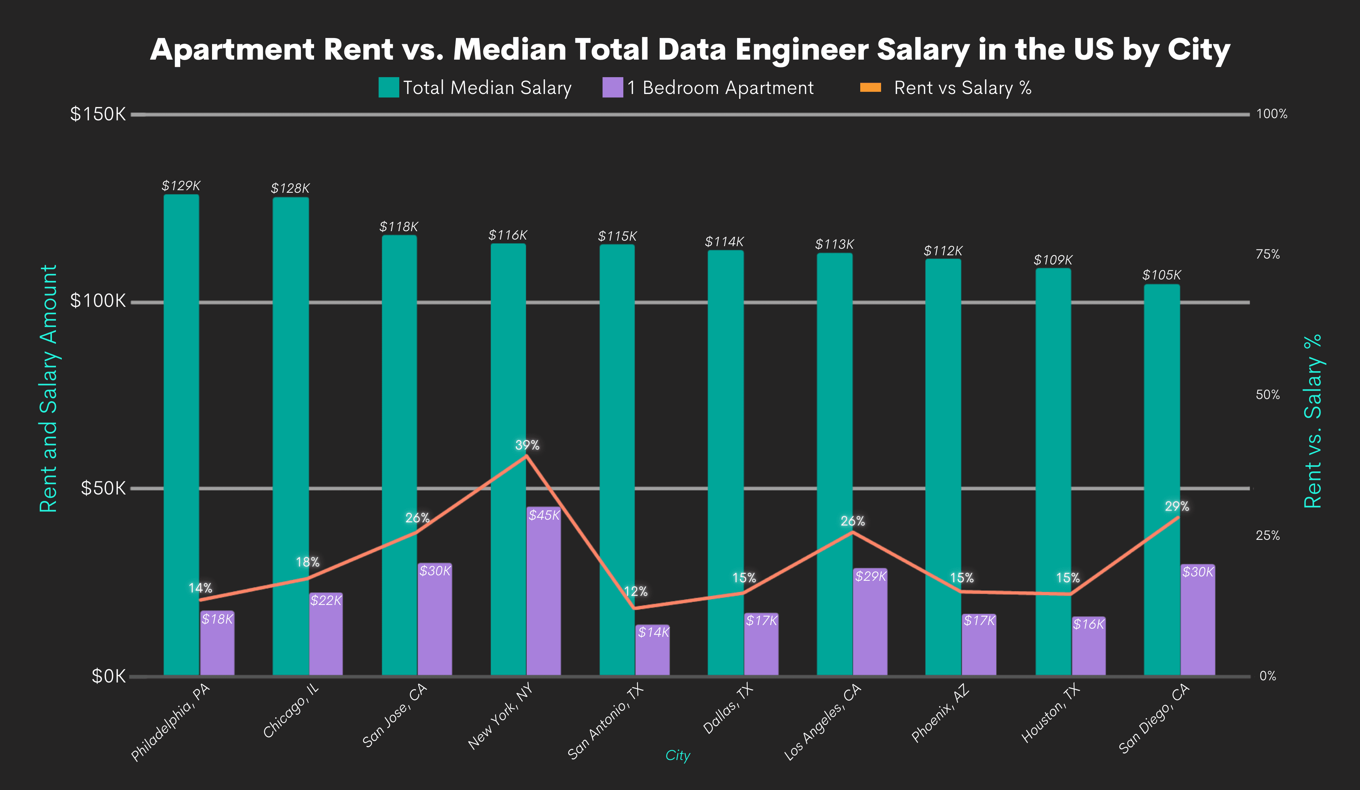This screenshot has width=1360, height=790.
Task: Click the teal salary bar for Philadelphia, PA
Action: [x=181, y=432]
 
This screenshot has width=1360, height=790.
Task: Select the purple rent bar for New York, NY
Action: [x=544, y=594]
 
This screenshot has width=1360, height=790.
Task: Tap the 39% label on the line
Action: [x=527, y=445]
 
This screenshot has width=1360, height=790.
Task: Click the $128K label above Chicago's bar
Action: [x=290, y=188]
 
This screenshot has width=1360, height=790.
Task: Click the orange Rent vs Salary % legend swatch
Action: [x=870, y=87]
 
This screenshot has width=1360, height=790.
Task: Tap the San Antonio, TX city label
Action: [x=605, y=722]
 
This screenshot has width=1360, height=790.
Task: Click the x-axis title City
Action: [x=678, y=755]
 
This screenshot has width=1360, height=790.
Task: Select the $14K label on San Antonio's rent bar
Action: [x=653, y=632]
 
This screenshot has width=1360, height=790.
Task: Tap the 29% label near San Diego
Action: [x=1176, y=506]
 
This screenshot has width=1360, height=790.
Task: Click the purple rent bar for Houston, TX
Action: [x=1088, y=648]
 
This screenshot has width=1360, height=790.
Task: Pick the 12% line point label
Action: [x=636, y=591]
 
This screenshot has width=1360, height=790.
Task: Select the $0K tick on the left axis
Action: [x=108, y=676]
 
